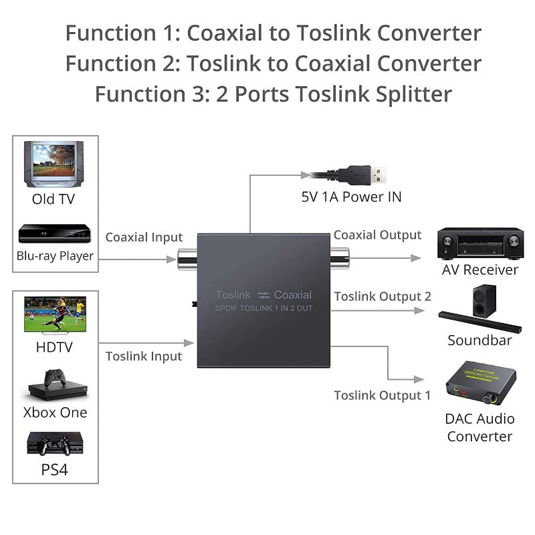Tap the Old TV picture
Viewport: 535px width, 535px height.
click(54, 163)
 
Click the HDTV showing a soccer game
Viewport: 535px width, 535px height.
click(56, 315)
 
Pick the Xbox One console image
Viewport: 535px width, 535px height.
click(56, 385)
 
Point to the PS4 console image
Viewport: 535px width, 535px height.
click(56, 443)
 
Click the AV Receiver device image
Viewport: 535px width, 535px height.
click(479, 243)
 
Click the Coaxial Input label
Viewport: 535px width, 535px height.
click(144, 237)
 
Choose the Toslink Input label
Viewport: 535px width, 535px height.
click(144, 356)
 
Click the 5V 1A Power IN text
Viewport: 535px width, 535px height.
click(351, 197)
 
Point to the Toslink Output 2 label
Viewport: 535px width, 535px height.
click(383, 296)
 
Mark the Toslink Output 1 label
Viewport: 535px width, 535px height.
click(383, 395)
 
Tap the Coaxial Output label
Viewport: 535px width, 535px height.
click(377, 235)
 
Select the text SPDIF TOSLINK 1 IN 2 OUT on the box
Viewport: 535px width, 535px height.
click(264, 308)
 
